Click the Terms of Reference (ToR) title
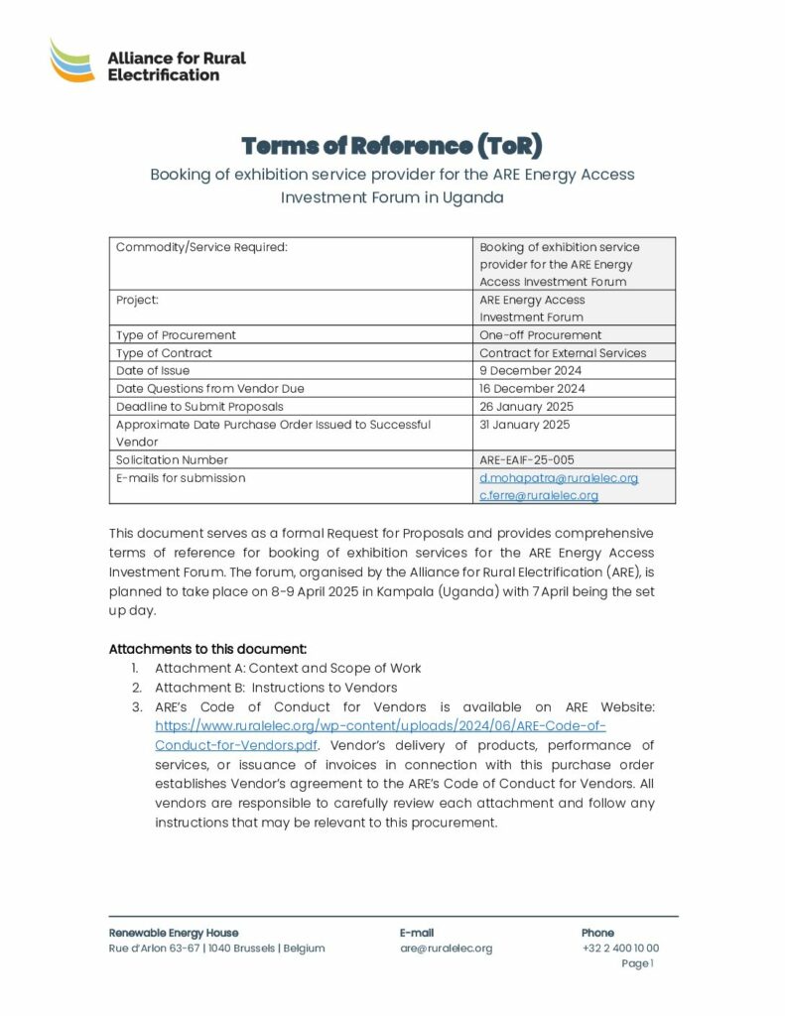(x=392, y=147)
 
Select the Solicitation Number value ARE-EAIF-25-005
(x=526, y=460)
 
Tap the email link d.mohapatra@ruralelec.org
(x=559, y=478)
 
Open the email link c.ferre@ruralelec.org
(x=539, y=495)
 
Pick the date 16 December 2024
(x=531, y=389)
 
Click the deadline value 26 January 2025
(x=526, y=407)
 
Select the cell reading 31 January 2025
(x=524, y=425)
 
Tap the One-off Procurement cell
(x=540, y=335)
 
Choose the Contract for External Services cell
(x=563, y=353)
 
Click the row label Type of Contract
(x=164, y=353)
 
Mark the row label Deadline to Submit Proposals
(x=199, y=407)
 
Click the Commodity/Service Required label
(x=201, y=247)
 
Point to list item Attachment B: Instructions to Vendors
(x=276, y=687)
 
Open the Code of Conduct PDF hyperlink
(x=381, y=734)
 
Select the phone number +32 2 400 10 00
(x=619, y=949)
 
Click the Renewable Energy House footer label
(x=174, y=933)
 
